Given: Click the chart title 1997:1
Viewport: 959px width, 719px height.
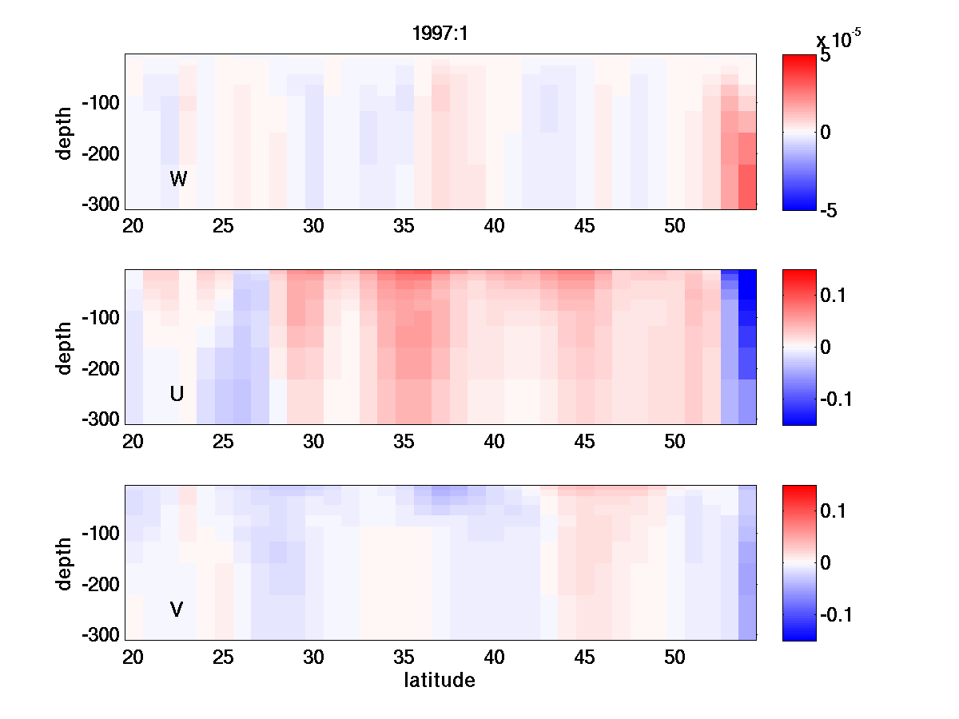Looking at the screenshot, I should [440, 36].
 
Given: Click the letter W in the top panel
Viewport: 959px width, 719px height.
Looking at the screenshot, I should [178, 179].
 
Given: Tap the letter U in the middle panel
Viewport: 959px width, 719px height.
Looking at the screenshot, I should [177, 394].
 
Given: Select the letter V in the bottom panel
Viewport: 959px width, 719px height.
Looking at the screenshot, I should [177, 610].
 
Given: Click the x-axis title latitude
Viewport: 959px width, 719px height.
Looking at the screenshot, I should [440, 681].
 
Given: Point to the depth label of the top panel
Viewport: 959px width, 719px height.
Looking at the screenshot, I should [65, 132].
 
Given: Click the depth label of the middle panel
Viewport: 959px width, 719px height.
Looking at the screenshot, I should [65, 347].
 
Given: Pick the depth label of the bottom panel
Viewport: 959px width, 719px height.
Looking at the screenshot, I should [65, 562].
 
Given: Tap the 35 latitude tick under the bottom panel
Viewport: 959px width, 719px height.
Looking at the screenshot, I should [404, 657].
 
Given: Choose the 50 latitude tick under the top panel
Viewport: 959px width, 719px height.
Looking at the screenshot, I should [675, 227].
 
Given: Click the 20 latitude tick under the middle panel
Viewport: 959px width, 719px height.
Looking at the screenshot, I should [133, 442].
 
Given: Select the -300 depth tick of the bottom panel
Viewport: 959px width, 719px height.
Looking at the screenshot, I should [100, 635].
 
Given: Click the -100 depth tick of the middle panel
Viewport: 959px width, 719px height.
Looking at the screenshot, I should [100, 318].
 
